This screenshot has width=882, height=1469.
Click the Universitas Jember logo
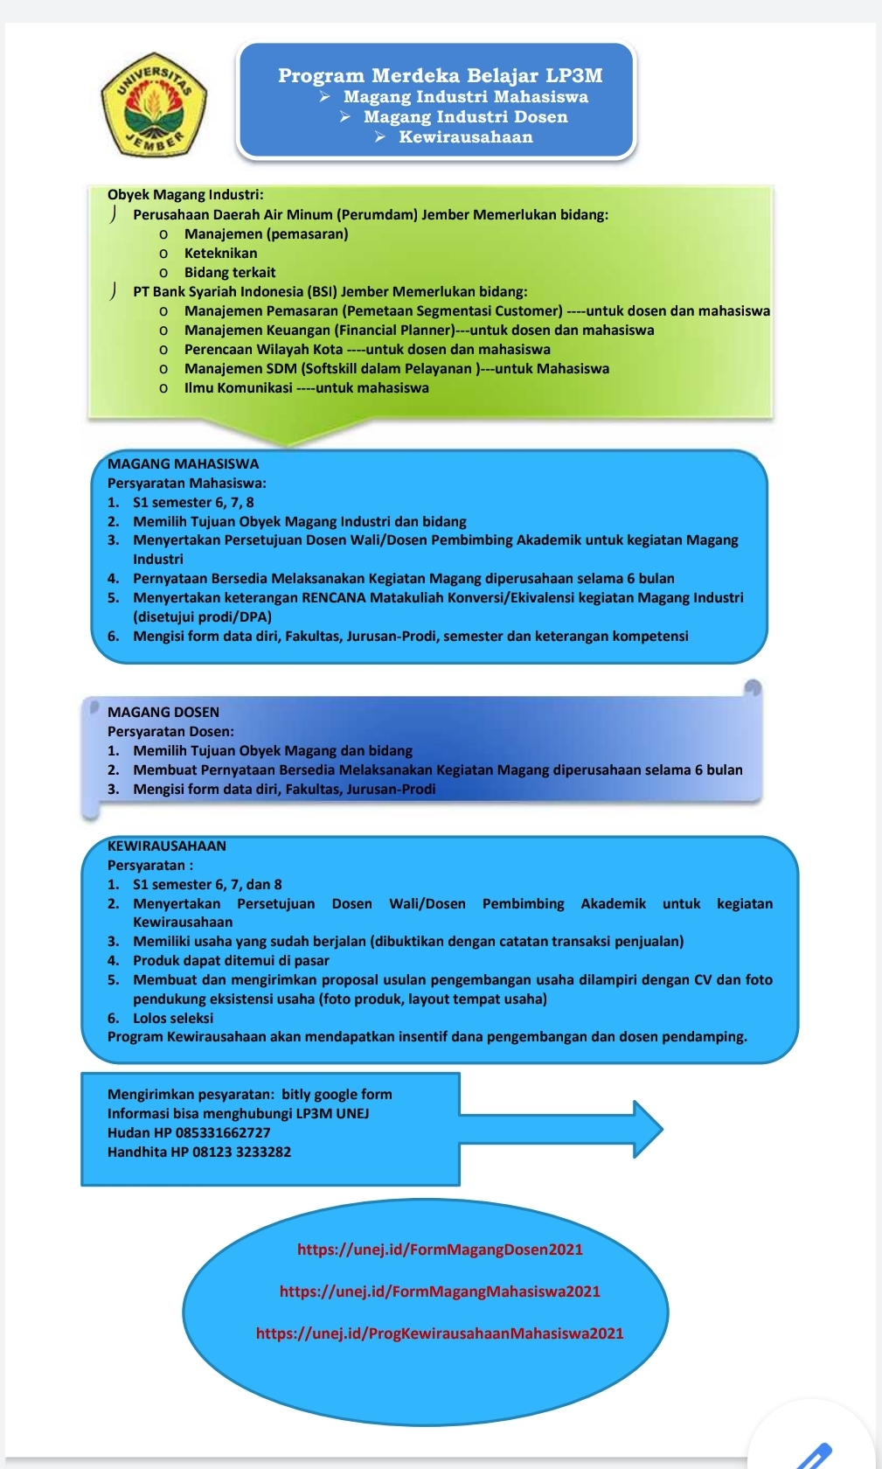(155, 103)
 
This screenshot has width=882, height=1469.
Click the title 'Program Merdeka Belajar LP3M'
(440, 76)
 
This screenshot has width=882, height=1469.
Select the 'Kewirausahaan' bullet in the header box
(465, 136)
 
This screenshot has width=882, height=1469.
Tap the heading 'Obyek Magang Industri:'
(185, 194)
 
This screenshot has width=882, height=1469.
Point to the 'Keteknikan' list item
(220, 253)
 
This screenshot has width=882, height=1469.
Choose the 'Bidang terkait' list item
(229, 272)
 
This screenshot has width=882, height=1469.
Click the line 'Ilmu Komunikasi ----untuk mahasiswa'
(306, 387)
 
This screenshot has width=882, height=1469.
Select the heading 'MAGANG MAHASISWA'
(183, 463)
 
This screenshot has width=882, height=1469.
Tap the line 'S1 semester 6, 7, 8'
(193, 502)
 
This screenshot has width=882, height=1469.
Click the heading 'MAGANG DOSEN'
(163, 712)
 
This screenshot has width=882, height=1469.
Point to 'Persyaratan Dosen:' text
(170, 731)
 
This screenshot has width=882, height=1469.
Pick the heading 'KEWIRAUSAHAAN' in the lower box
(167, 846)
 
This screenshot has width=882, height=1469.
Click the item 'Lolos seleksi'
(173, 1018)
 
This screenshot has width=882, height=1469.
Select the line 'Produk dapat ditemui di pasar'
(231, 960)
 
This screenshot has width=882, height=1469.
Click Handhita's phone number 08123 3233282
(241, 1152)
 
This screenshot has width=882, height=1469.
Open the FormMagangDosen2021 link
(440, 1250)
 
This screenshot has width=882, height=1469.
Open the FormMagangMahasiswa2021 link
(440, 1291)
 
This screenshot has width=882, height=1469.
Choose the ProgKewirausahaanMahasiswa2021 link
(440, 1333)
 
